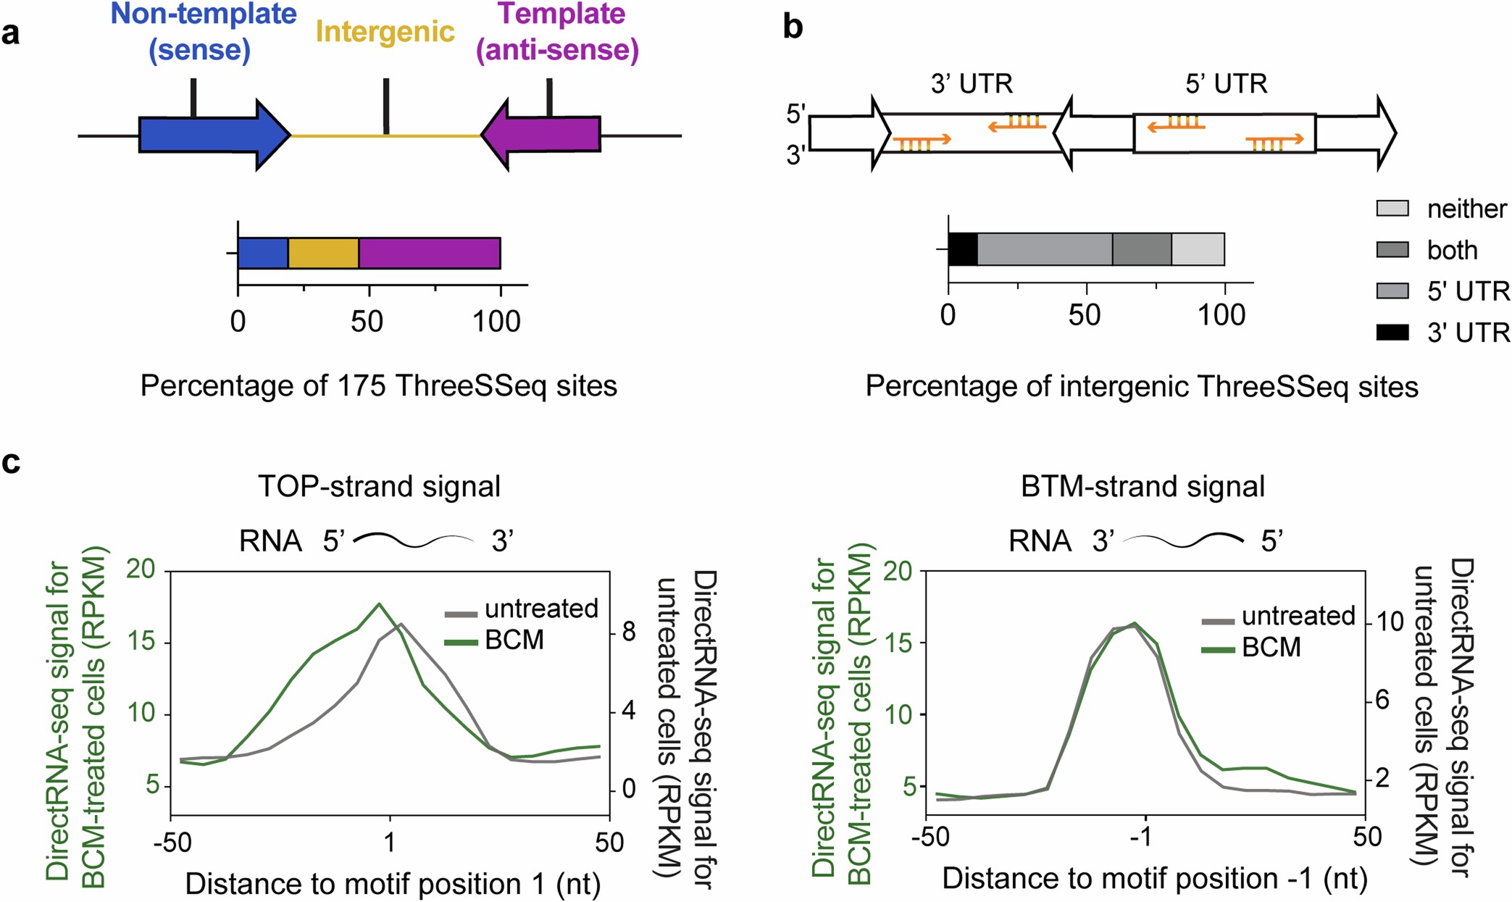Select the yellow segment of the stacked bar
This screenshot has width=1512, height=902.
click(323, 253)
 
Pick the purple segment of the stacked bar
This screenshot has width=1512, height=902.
click(429, 253)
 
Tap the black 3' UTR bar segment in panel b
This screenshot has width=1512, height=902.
click(963, 249)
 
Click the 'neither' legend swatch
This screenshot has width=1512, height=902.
click(1392, 209)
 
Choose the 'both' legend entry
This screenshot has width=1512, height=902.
click(1451, 250)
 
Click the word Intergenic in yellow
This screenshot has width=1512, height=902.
click(385, 32)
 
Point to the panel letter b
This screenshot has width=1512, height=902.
click(793, 27)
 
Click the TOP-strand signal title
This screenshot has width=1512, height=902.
click(379, 486)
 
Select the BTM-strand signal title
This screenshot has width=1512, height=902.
click(1143, 486)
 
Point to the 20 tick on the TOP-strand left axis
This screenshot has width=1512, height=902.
click(141, 570)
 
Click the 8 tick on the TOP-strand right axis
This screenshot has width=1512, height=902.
click(628, 632)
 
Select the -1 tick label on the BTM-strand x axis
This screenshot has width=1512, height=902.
click(1141, 838)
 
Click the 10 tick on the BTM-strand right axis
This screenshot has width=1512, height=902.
click(1390, 622)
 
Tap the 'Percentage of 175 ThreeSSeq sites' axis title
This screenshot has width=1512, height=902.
click(378, 385)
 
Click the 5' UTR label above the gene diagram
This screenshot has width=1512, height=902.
click(1226, 84)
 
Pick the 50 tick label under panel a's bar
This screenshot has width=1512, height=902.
click(367, 322)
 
